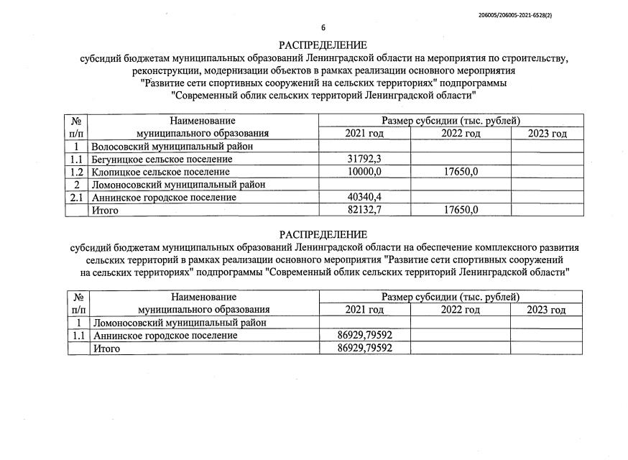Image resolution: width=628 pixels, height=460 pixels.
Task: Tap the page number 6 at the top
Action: pyautogui.click(x=323, y=28)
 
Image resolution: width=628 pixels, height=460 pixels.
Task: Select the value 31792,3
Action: pyautogui.click(x=364, y=159)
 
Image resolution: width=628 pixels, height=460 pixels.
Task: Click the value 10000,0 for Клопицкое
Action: pyautogui.click(x=364, y=172)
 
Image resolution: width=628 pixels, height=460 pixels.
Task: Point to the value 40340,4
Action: pyautogui.click(x=364, y=197)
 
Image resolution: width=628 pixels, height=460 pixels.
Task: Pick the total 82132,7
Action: pyautogui.click(x=364, y=210)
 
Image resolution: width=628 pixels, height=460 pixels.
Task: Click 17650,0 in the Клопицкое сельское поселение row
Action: pyautogui.click(x=460, y=172)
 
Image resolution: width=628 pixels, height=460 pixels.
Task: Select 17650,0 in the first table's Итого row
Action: pyautogui.click(x=460, y=210)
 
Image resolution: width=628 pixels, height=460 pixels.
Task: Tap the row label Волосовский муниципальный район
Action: pyautogui.click(x=161, y=147)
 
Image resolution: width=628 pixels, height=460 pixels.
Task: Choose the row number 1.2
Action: pyautogui.click(x=77, y=172)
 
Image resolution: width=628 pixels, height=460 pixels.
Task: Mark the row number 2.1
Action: pyautogui.click(x=77, y=197)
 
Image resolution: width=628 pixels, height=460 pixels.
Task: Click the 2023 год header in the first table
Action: pyautogui.click(x=547, y=134)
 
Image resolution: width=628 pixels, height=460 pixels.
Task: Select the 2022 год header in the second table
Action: pyautogui.click(x=460, y=310)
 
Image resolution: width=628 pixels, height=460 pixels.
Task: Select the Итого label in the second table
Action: pyautogui.click(x=104, y=348)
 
